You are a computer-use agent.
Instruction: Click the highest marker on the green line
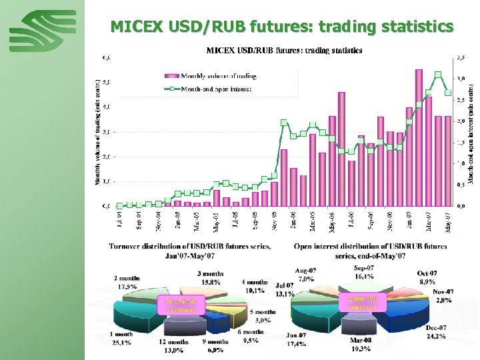point(438,75)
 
